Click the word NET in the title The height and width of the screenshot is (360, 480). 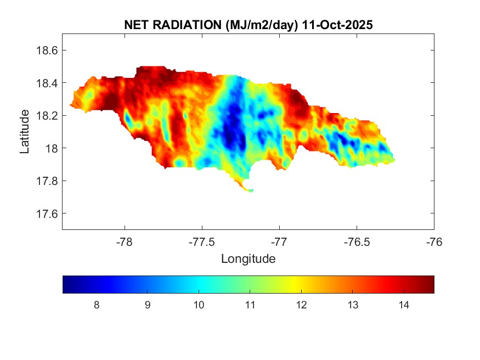(136, 25)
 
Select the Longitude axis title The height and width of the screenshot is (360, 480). (248, 258)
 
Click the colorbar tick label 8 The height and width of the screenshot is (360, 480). (97, 305)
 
